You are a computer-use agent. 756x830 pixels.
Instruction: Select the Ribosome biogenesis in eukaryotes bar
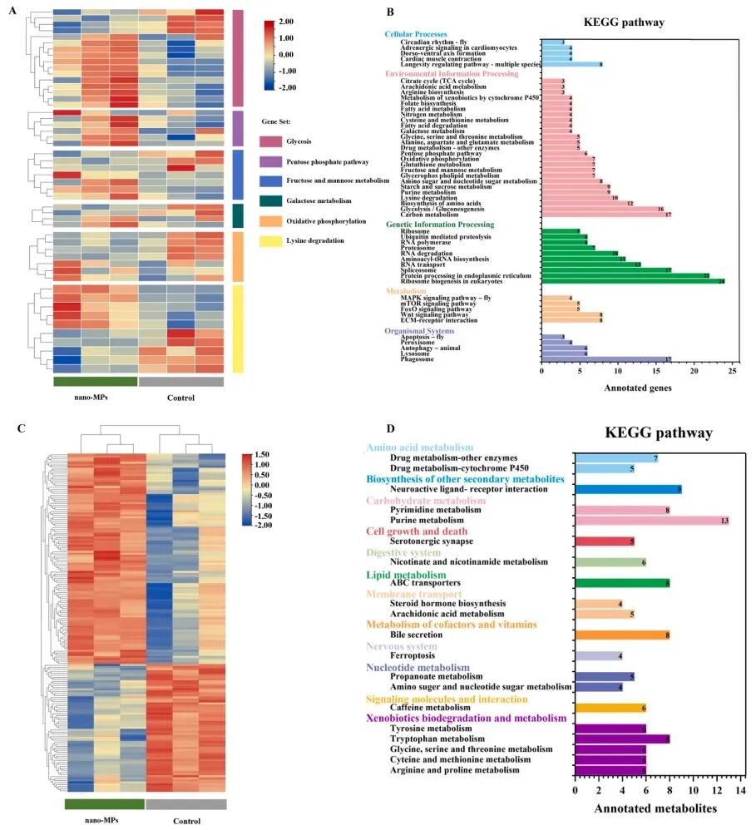633,281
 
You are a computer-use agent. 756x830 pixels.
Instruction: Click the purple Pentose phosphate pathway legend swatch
272,161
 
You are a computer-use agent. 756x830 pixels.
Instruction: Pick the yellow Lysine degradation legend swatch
272,241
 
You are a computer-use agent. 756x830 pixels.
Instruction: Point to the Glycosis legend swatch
272,141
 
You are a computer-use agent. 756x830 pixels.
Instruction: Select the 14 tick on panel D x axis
741,788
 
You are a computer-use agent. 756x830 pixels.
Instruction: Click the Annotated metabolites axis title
657,808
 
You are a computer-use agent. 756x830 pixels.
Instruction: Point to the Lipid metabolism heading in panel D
407,574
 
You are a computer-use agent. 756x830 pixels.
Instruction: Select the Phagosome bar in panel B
606,359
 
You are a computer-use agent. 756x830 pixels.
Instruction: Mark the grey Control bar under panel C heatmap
185,804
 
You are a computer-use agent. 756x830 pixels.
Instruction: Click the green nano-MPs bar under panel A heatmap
96,382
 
